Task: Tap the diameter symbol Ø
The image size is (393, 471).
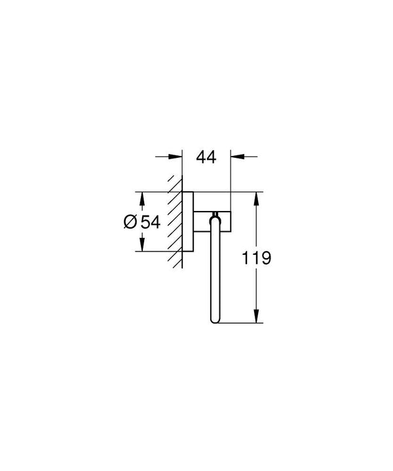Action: point(130,222)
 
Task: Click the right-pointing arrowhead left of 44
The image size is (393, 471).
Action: point(175,156)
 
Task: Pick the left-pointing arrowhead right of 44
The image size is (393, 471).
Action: point(238,156)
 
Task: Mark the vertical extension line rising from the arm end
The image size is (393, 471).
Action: point(231,174)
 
